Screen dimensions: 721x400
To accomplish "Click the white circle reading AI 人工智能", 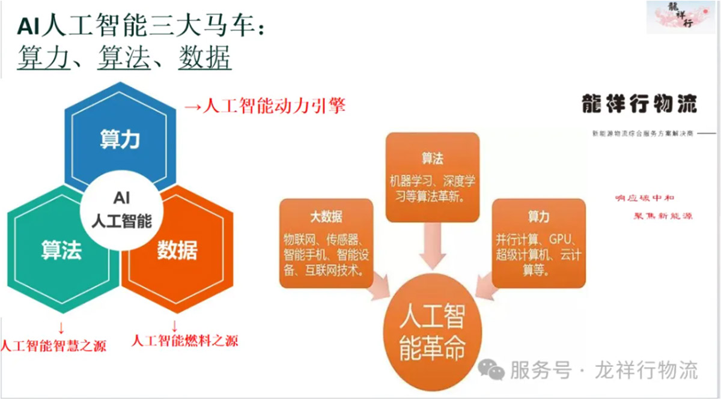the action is tap(121, 211).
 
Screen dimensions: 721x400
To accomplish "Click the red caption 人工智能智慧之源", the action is tap(53, 346).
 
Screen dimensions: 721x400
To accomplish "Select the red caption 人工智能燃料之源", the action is tap(185, 341).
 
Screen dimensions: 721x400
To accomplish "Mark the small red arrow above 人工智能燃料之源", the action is tap(174, 326).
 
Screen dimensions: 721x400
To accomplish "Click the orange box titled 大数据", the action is tap(326, 243).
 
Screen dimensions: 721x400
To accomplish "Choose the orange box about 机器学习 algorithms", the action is tap(432, 177).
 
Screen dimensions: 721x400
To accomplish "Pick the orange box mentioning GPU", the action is tap(539, 243).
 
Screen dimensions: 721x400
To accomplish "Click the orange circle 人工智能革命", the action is tap(432, 332).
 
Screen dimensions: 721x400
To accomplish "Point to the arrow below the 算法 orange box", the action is tap(432, 246).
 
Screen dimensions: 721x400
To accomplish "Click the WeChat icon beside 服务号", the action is tap(491, 370).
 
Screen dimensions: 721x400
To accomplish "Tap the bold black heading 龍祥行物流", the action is tap(639, 104).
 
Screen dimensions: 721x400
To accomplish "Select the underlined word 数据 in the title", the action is tap(205, 57).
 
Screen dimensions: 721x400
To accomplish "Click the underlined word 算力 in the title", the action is tap(43, 57).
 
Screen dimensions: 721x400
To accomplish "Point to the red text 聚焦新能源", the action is tap(663, 216).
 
